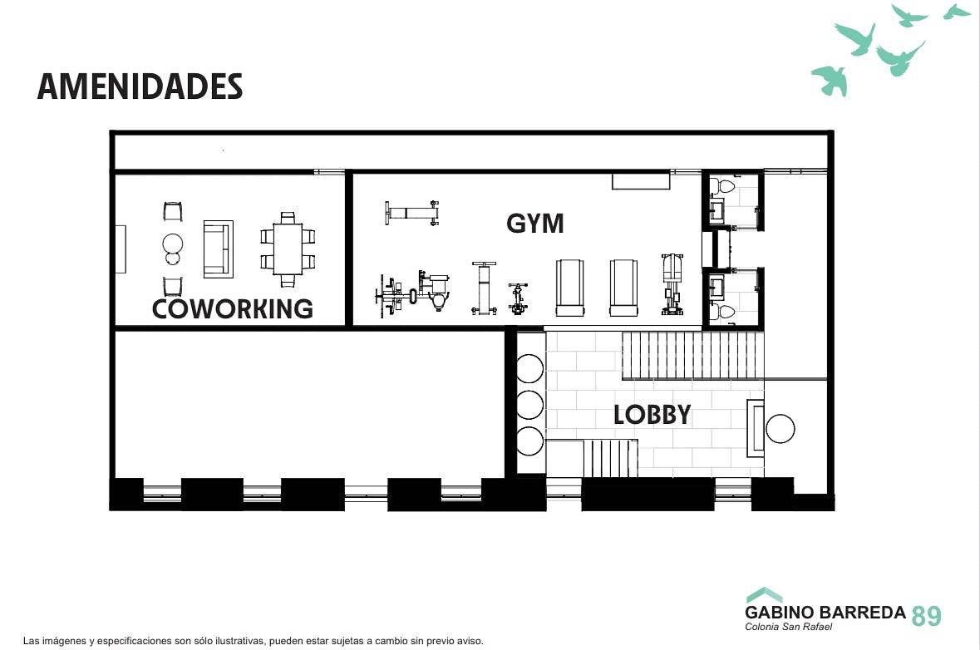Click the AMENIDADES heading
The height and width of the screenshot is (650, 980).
[x=140, y=86]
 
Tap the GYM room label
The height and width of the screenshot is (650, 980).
[x=535, y=223]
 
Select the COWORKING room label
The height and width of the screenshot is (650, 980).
[x=233, y=308]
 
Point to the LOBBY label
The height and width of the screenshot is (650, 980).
[x=652, y=415]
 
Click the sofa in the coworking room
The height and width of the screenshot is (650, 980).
[x=218, y=249]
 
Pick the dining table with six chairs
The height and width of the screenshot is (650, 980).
[x=288, y=249]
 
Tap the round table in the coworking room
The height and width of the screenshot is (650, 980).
[x=173, y=244]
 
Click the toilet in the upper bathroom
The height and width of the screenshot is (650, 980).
[x=726, y=186]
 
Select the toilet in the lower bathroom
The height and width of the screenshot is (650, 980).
[x=726, y=311]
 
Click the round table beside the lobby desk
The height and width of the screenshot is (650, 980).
[x=780, y=429]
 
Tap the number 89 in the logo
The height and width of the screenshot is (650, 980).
[x=926, y=616]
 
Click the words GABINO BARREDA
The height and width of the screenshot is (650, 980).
[x=825, y=612]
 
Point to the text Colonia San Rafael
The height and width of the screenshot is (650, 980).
[x=788, y=626]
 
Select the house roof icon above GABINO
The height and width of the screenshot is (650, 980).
[x=764, y=594]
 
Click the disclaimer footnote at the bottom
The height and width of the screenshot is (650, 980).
[x=254, y=641]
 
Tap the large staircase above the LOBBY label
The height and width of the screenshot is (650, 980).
[x=693, y=356]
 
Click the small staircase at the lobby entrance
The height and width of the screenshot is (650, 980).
[x=611, y=458]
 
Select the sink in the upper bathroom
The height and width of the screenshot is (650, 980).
[x=717, y=210]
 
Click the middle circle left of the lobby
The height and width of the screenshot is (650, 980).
[x=529, y=404]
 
